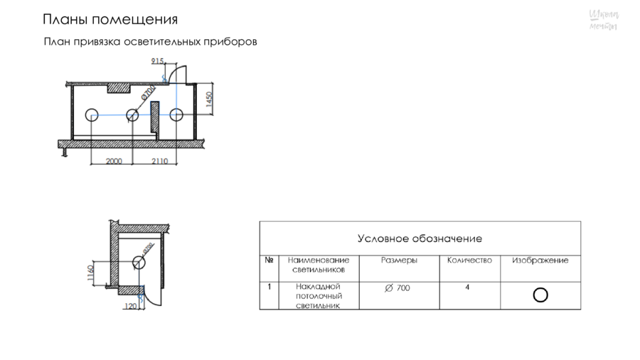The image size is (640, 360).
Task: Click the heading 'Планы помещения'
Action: (x=110, y=19)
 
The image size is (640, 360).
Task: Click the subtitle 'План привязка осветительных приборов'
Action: (x=150, y=42)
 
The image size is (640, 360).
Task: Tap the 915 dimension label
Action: (x=157, y=62)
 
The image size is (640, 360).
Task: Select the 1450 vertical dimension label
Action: (x=209, y=100)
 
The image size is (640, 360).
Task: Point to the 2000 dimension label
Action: (x=113, y=161)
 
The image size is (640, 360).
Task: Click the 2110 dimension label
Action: (x=159, y=161)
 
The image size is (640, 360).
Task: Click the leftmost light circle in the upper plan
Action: (x=91, y=115)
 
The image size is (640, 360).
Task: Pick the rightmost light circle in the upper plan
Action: (x=176, y=115)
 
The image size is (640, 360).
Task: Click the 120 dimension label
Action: (x=130, y=306)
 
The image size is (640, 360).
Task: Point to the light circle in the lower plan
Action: (x=138, y=262)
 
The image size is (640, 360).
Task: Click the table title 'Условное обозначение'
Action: (x=420, y=238)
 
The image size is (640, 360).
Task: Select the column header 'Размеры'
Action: (x=399, y=260)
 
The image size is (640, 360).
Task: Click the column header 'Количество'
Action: (x=469, y=260)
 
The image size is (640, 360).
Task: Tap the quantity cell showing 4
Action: (x=467, y=288)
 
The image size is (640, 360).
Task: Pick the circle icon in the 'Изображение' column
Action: (x=540, y=295)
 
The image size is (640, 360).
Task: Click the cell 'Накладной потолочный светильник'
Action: (x=319, y=296)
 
